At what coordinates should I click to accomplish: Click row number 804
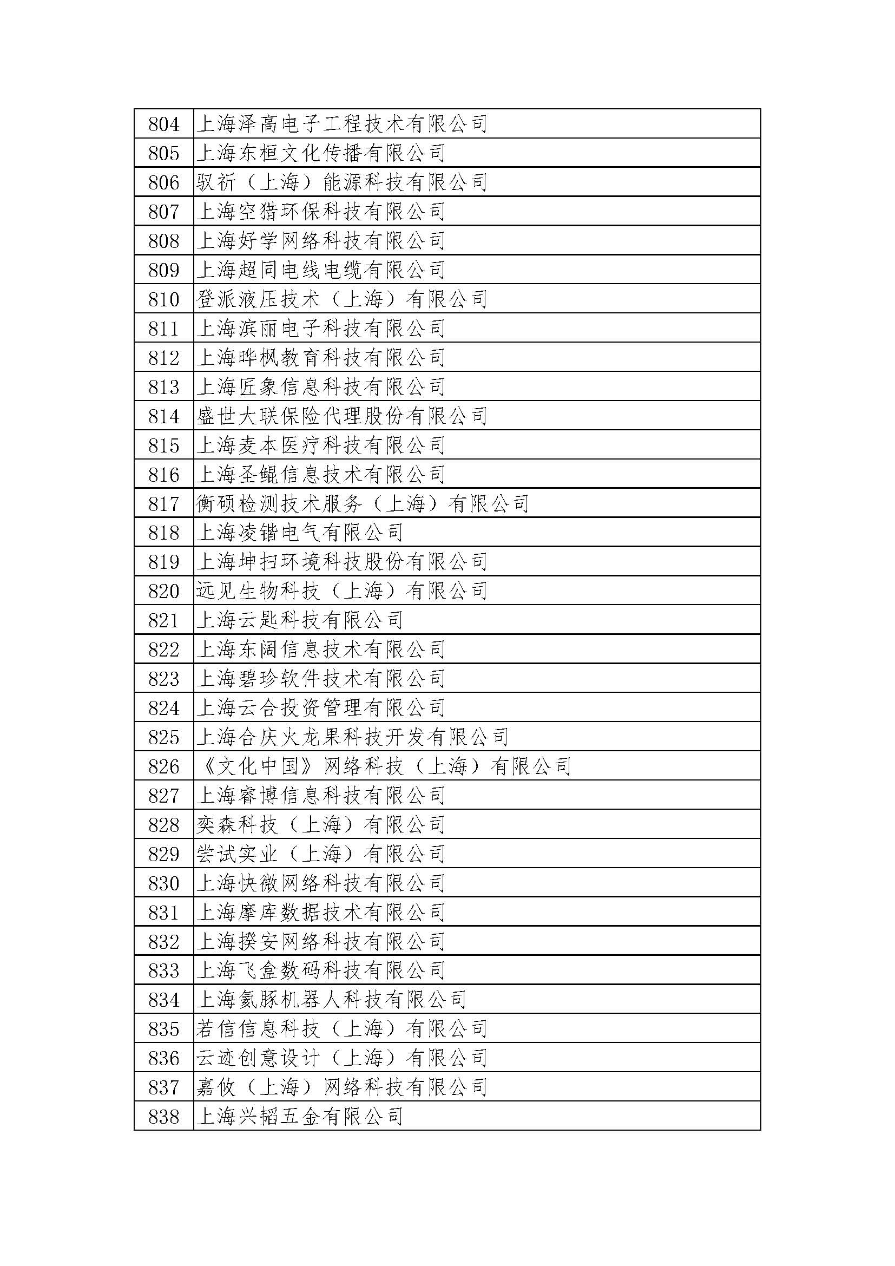163,124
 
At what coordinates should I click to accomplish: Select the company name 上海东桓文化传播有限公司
321,153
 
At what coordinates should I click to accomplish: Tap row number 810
163,299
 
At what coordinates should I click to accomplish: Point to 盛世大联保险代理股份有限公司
341,416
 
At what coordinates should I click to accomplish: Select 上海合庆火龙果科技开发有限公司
352,737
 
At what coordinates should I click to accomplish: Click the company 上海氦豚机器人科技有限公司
331,1000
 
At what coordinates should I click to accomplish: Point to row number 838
163,1117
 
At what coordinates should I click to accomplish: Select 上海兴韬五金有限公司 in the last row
300,1117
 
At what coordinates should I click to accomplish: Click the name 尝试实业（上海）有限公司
321,854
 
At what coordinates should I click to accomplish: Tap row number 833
163,970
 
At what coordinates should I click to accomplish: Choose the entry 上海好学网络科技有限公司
321,241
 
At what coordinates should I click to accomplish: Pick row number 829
163,854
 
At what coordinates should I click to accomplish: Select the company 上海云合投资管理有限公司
321,708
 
